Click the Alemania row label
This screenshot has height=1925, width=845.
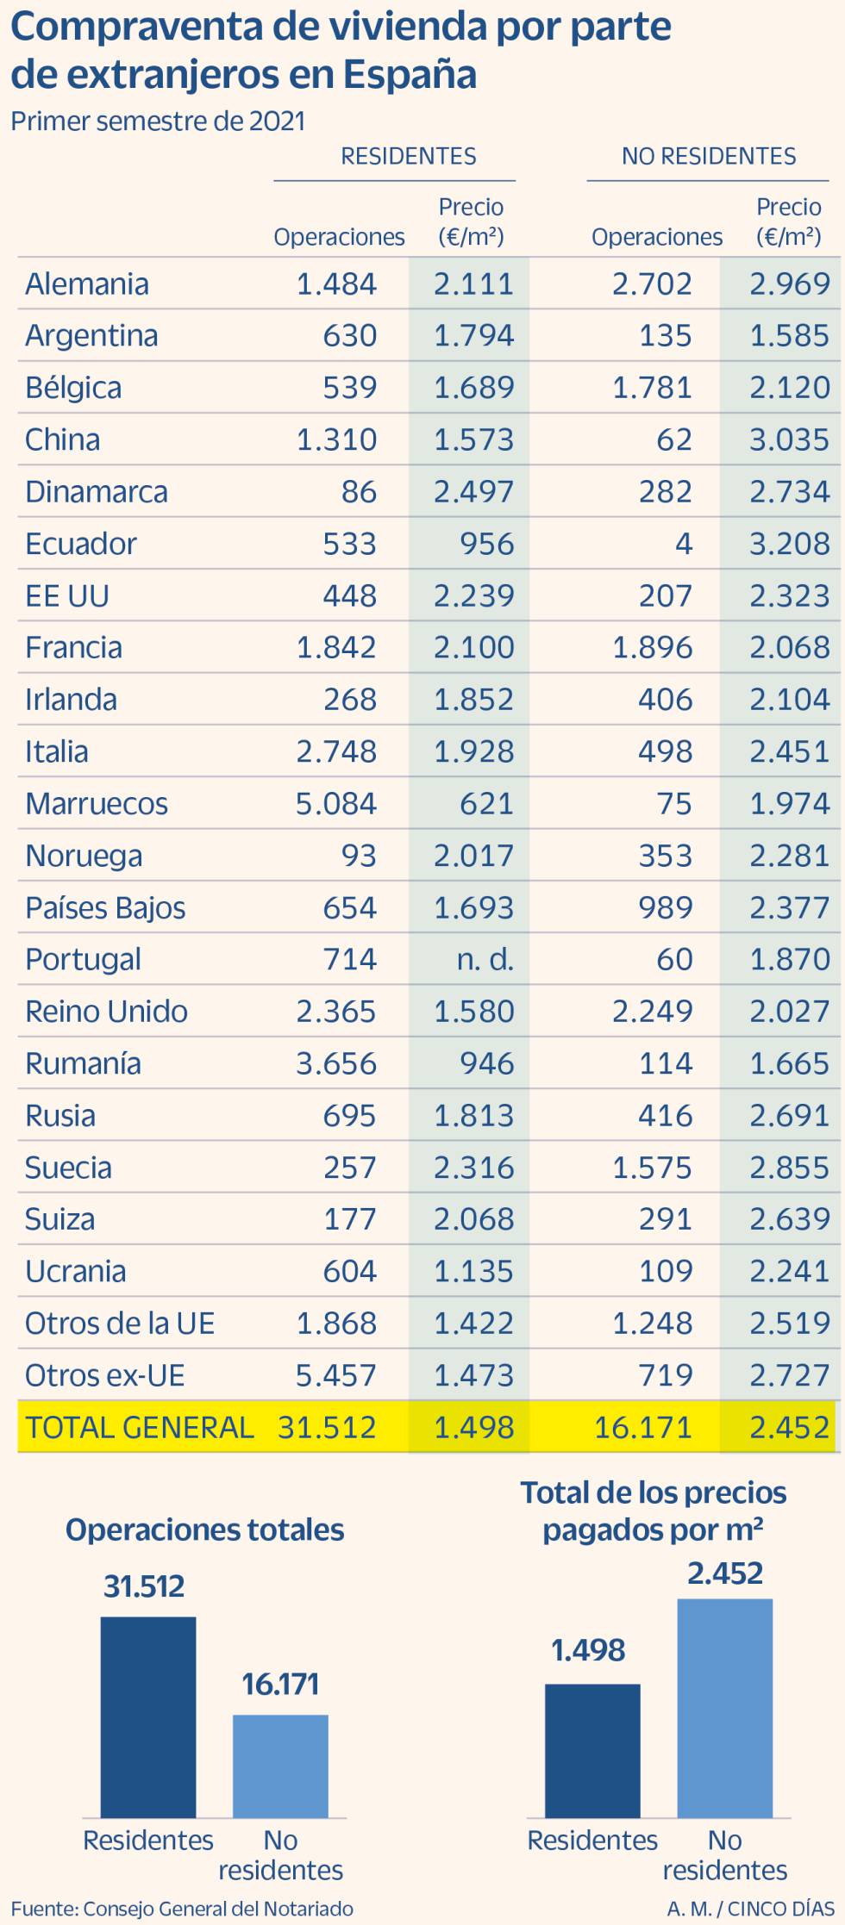(x=86, y=284)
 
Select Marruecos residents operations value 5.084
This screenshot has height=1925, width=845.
(x=335, y=804)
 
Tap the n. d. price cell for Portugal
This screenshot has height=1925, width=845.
(x=485, y=960)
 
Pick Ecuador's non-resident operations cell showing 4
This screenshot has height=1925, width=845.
(x=683, y=544)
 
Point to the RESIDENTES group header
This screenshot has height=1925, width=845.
(x=408, y=156)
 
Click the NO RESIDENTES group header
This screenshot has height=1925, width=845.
(x=709, y=156)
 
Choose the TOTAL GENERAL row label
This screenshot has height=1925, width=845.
(x=139, y=1428)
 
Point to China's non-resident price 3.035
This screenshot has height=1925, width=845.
(x=788, y=440)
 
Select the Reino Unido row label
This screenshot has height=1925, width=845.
(x=106, y=1012)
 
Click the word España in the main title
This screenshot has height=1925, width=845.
(x=410, y=75)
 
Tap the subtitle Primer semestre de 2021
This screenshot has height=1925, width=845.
(x=158, y=121)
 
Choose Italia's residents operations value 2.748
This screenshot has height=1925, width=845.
(x=335, y=751)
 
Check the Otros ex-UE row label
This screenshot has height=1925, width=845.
(x=104, y=1376)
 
